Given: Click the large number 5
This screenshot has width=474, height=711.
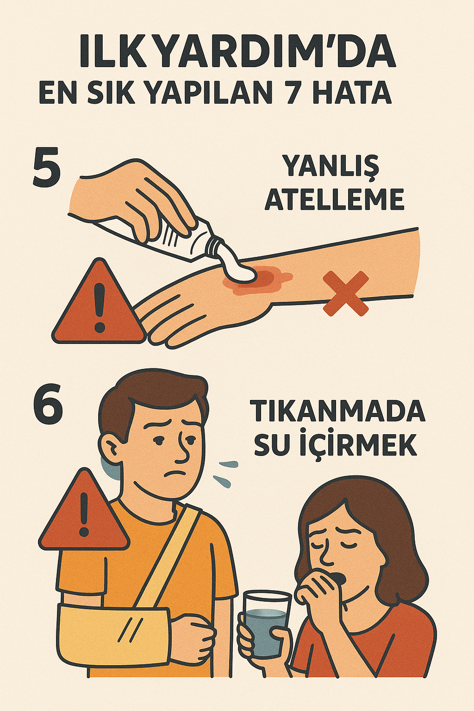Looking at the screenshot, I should tap(47, 168).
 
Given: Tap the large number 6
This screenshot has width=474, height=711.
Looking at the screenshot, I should tap(48, 404).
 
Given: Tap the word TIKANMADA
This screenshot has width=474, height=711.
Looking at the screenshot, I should tap(337, 411).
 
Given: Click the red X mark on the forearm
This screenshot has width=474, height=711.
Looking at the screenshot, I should tap(346, 293).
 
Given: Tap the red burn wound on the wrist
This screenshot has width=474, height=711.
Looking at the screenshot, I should tap(259, 281).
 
